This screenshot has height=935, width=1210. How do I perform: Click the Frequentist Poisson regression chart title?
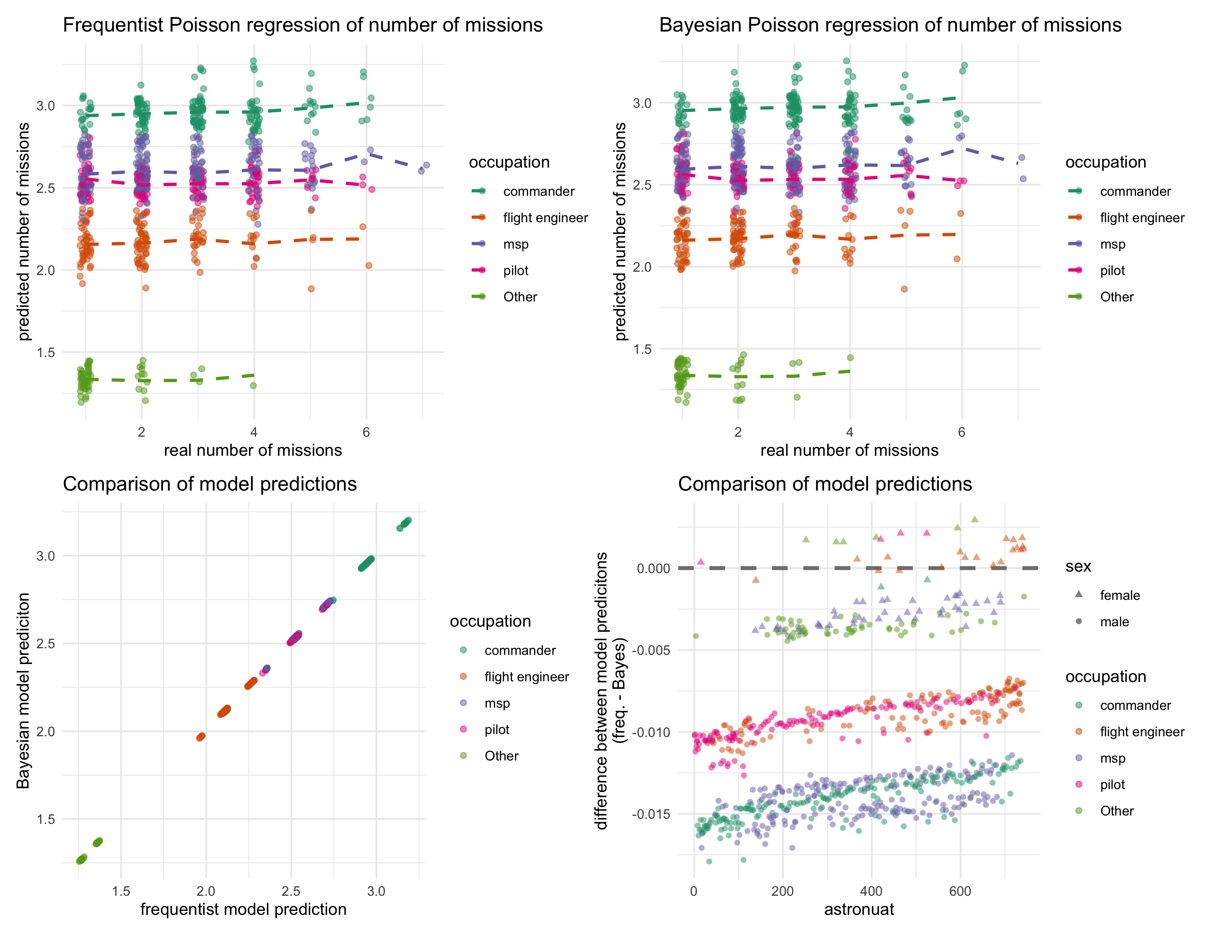point(302,25)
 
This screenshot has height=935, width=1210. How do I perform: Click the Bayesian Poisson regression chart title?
point(890,25)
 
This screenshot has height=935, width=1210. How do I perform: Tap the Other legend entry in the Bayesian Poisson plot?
point(1116,297)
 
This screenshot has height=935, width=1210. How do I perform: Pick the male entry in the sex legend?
point(1114,622)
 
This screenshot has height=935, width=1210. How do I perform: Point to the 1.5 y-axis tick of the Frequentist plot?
point(45,353)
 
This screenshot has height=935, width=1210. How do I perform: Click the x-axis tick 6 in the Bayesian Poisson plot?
point(961,432)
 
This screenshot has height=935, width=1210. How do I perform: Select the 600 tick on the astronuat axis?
point(960,891)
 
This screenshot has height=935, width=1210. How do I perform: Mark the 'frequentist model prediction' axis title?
point(243,910)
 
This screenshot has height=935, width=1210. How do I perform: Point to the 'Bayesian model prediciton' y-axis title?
point(23,690)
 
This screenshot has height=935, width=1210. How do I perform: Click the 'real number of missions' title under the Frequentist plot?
point(253,450)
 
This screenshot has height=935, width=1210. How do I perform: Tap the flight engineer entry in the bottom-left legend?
point(526,677)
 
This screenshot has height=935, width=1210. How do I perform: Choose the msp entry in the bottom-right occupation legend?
point(1112,758)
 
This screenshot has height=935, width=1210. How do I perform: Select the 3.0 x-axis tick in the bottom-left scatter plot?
point(376,891)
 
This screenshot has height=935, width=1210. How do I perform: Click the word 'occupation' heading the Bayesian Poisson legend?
point(1105,162)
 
